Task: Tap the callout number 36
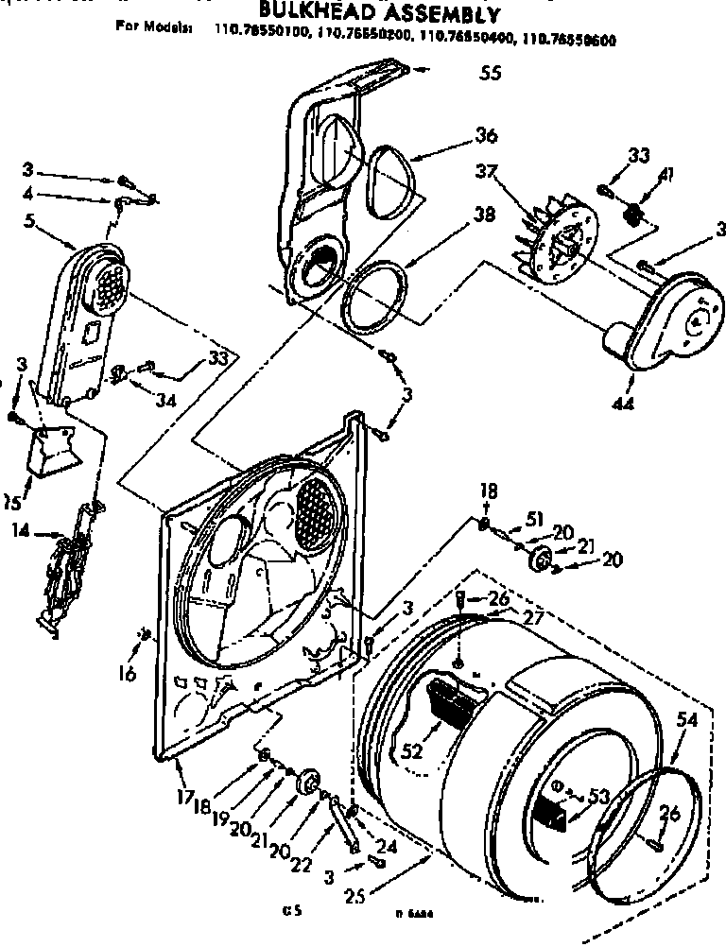[x=486, y=136]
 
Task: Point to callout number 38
[x=484, y=214]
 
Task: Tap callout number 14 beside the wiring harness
[x=20, y=531]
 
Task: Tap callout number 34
[x=166, y=400]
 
